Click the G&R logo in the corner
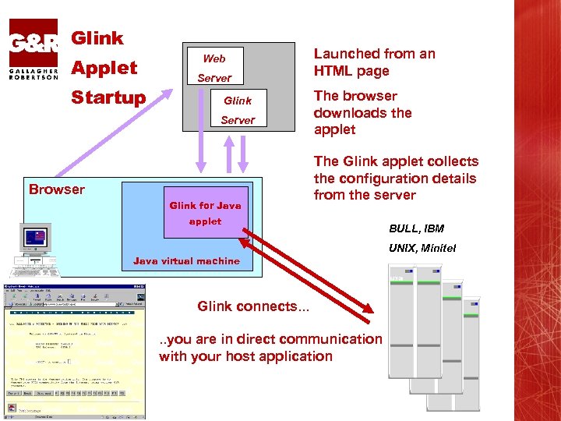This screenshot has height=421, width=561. coord(34,41)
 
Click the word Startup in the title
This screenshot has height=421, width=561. coord(108,97)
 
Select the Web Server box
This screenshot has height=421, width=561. coord(213,68)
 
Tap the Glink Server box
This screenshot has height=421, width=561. coord(237,110)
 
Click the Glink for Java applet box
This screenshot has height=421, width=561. coord(206,213)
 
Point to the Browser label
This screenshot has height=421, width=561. coord(57,189)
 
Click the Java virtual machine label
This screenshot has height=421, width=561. coord(187,261)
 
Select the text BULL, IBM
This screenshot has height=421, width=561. coord(416,228)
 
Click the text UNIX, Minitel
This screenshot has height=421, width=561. coord(422,249)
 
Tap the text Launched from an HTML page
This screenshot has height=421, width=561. coord(374,62)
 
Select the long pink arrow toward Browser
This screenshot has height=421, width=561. coord(109,133)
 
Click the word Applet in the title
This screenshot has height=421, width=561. coord(104,68)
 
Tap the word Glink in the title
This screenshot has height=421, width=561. coord(97,38)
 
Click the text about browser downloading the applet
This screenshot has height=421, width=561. coord(362,113)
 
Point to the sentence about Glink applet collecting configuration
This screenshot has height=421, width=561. coord(396,179)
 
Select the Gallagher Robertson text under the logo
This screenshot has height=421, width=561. coord(34,73)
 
